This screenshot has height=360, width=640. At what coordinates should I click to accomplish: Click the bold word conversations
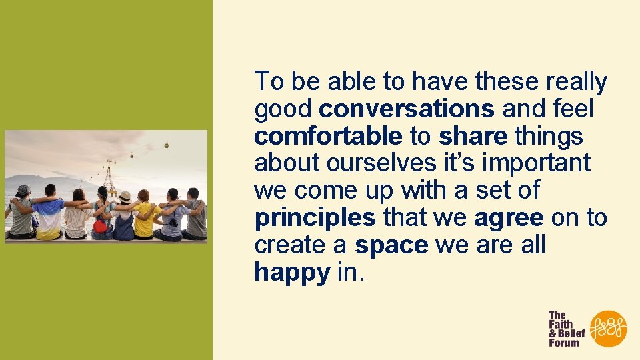406,109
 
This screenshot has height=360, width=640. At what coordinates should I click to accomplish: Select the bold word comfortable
328,136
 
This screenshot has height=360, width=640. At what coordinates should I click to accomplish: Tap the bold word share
473,136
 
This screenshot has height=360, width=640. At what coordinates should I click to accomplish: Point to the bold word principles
315,217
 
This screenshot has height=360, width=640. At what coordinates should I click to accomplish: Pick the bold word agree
509,217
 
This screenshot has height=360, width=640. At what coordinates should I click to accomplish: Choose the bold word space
391,245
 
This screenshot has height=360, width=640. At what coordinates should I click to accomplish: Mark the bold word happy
292,272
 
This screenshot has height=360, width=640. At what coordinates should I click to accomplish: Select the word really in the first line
577,82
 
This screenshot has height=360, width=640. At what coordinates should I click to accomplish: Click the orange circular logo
609,328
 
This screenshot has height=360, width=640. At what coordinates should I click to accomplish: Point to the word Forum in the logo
563,343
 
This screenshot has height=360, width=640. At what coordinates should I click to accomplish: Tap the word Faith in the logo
562,324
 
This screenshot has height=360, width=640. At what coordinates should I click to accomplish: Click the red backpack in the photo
100,226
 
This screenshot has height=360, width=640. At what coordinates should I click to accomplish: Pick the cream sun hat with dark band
124,196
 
